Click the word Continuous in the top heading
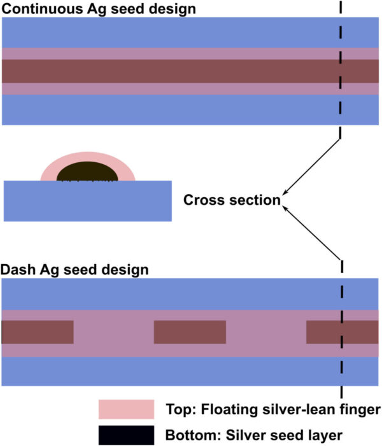click(x=43, y=8)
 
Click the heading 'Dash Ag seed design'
click(x=74, y=270)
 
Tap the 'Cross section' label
click(x=232, y=200)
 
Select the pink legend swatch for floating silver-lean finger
click(x=127, y=409)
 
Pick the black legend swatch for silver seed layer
click(x=127, y=435)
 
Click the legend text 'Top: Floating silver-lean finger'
click(x=273, y=410)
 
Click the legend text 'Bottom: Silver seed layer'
click(x=254, y=435)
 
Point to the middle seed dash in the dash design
click(x=190, y=332)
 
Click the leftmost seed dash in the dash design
click(x=38, y=332)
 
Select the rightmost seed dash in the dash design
click(x=342, y=332)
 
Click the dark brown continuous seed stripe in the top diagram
click(x=190, y=71)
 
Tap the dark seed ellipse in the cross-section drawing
click(x=87, y=172)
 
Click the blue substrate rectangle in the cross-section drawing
click(x=88, y=201)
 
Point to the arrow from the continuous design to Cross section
click(x=311, y=167)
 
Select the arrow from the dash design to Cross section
click(x=312, y=233)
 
